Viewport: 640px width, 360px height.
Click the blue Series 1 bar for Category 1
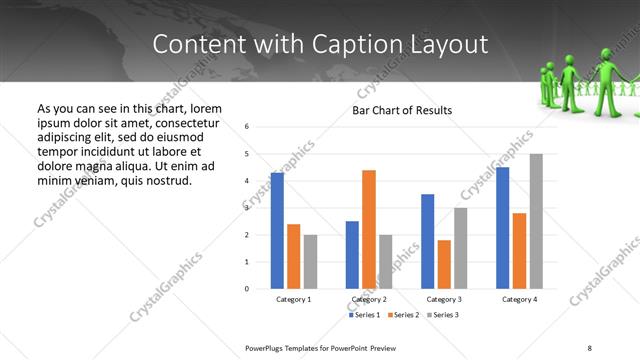277,231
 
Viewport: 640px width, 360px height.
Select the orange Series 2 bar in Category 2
369,229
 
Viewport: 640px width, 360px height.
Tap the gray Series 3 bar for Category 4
536,221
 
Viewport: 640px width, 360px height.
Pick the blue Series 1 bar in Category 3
427,241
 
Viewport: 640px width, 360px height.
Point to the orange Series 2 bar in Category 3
444,264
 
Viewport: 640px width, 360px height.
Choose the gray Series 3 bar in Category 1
310,261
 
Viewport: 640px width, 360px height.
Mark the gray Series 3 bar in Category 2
386,261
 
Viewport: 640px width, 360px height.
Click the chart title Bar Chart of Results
402,110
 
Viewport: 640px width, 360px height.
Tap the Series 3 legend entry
442,315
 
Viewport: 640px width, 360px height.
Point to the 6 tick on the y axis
247,127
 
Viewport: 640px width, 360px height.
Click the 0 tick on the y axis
247,289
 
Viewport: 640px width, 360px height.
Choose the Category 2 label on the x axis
369,299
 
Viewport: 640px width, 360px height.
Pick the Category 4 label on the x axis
519,299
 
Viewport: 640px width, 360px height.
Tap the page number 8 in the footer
589,347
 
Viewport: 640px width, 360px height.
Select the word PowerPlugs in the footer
268,347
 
